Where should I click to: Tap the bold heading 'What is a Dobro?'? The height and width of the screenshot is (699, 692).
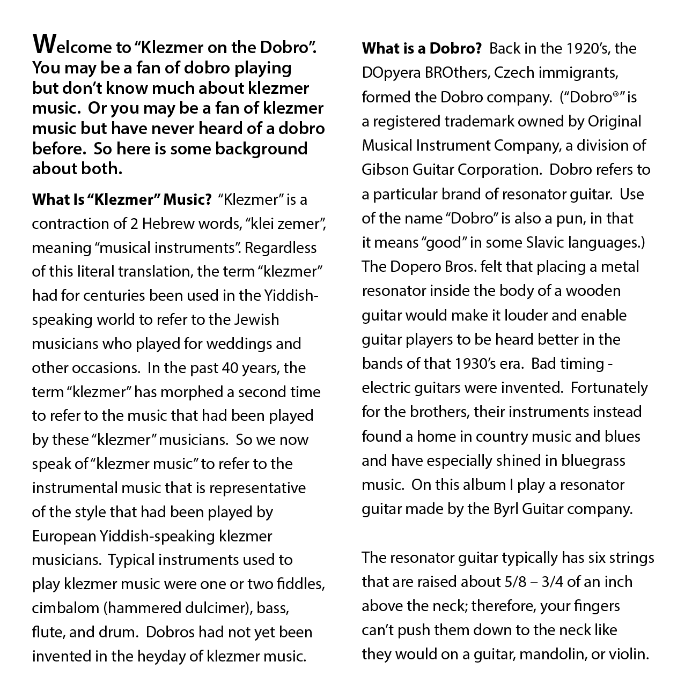[421, 49]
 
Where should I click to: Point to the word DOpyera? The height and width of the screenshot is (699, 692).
[393, 73]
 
